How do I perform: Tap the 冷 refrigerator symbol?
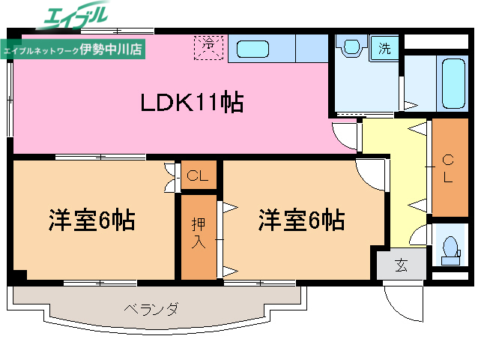click(211, 46)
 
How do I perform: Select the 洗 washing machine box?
click(384, 49)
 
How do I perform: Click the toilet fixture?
click(450, 248)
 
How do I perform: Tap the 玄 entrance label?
click(401, 265)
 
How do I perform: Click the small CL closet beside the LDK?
click(198, 177)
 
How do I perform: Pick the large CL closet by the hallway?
click(448, 168)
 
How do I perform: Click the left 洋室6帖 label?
click(92, 220)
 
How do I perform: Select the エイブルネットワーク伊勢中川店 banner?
click(73, 50)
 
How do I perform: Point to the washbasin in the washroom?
click(350, 47)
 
